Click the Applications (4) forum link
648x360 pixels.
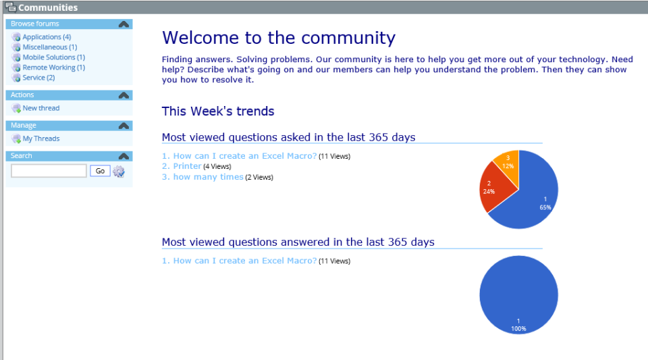coord(46,37)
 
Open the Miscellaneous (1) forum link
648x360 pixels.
coord(49,47)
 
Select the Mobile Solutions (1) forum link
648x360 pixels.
coord(53,57)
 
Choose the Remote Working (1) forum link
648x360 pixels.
coord(53,68)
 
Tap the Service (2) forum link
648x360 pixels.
coord(38,78)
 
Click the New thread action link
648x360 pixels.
coord(40,108)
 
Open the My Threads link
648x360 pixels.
coord(40,138)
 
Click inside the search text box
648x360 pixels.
coord(49,171)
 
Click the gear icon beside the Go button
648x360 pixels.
coord(119,172)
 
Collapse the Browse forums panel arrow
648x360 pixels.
coord(124,24)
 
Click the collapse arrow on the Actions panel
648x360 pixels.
coord(124,95)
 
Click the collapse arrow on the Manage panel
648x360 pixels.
coord(124,126)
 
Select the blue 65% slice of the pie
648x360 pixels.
coord(533,192)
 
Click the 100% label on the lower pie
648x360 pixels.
coord(518,329)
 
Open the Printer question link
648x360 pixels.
coord(187,166)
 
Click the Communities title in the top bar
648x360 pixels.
coord(47,7)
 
